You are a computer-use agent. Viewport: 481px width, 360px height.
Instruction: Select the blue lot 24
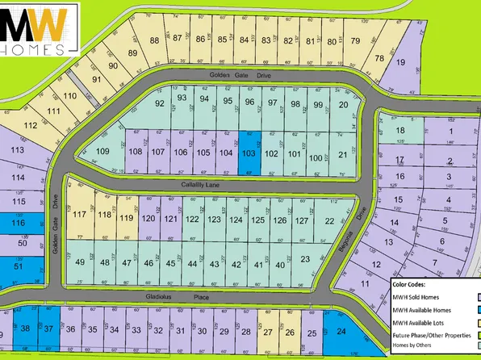pos(341,332)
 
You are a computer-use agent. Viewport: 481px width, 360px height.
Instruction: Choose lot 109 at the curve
pos(102,151)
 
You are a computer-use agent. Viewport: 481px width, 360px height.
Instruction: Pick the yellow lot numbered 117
pos(80,215)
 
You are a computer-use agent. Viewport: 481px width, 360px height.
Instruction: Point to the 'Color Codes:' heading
pos(413,284)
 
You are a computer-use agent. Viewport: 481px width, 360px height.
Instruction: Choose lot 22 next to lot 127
pos(328,220)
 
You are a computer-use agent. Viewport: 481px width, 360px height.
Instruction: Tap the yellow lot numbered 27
pos(268,332)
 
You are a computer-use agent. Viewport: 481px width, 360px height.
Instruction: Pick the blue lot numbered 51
pos(18,265)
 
